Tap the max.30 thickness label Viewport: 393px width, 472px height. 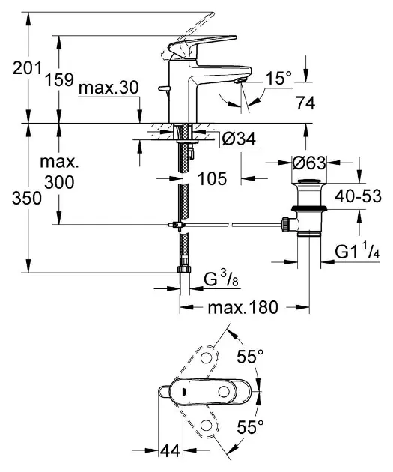point(109,88)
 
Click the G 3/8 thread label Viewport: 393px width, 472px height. point(222,279)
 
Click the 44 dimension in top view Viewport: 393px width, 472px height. point(171,451)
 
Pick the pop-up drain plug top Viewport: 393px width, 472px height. point(308,183)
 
